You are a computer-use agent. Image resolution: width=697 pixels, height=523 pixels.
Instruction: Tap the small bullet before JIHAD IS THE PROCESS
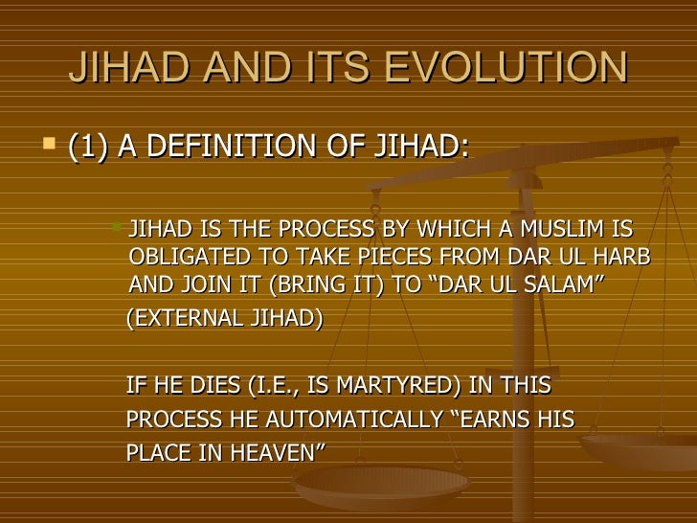[x=116, y=227]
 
